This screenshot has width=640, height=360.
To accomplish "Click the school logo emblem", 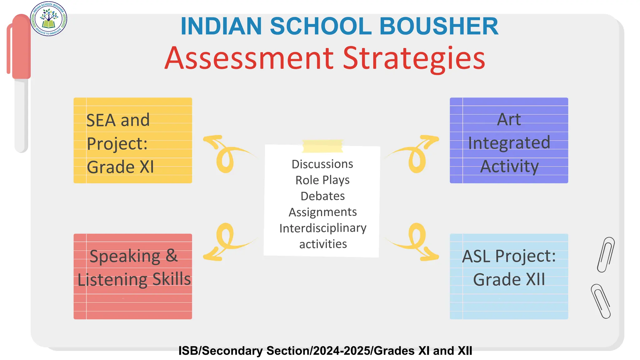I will click(48, 19).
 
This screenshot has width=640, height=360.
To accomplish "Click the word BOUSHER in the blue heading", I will click(439, 26).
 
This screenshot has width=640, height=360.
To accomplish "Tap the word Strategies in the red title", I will click(414, 58).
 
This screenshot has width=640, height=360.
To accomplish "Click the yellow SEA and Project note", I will click(133, 140).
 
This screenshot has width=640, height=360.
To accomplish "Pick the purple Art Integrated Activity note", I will click(509, 140).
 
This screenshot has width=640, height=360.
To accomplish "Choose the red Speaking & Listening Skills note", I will click(133, 276).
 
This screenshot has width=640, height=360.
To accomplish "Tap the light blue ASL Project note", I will click(509, 276).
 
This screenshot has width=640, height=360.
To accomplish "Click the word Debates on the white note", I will click(322, 196).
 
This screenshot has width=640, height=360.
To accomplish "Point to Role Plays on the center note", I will click(322, 180).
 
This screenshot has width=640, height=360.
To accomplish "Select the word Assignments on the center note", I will click(322, 212).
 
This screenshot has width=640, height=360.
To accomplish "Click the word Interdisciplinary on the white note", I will click(323, 228).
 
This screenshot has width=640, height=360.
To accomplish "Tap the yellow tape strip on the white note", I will click(322, 146).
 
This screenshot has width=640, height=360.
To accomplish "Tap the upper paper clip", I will click(606, 254).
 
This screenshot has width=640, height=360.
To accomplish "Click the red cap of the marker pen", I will click(20, 47).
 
